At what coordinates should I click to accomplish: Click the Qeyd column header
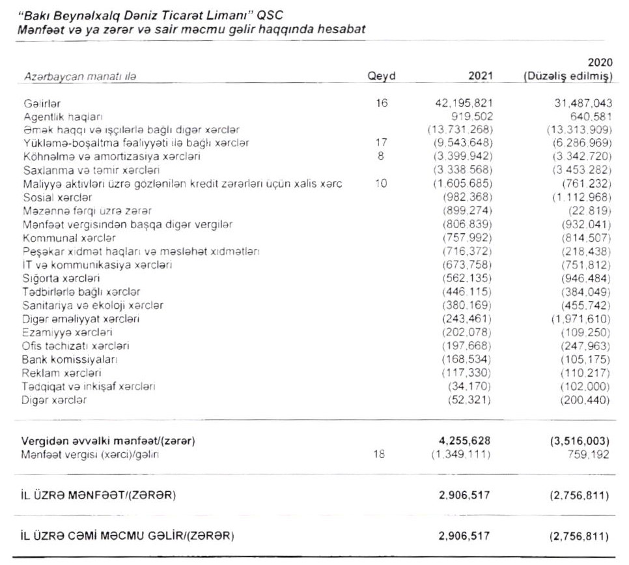(x=382, y=76)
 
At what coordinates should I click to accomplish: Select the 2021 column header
(x=481, y=76)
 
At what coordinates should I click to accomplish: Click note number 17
(x=382, y=143)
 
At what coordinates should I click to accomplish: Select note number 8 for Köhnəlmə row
(x=381, y=156)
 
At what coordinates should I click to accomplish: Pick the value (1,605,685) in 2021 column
(x=464, y=184)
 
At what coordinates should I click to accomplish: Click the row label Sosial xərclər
(x=57, y=197)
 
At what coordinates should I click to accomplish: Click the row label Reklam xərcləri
(x=61, y=373)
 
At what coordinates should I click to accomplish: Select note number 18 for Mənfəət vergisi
(x=382, y=454)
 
